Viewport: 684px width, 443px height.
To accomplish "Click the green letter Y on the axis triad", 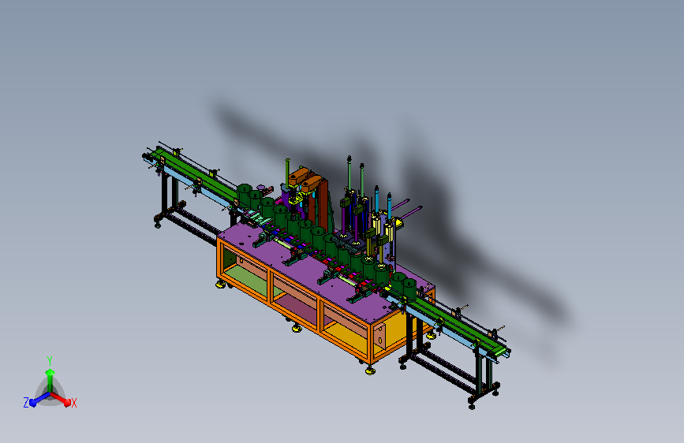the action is coord(50,361).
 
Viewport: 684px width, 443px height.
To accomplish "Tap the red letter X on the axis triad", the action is coord(73,403).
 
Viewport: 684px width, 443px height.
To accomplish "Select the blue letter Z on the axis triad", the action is coord(26,403).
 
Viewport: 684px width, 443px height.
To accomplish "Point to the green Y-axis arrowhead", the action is coord(50,372).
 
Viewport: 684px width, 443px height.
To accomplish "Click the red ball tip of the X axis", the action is coord(67,403).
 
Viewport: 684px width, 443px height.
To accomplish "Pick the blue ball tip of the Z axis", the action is coord(33,403).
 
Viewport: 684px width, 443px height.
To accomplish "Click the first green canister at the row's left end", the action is coord(245,195).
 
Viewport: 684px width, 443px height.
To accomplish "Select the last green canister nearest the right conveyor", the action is coord(409,289).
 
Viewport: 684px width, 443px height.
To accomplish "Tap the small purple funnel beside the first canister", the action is coord(261,188).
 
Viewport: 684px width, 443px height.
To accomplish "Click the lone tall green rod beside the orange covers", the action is coord(287,171).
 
